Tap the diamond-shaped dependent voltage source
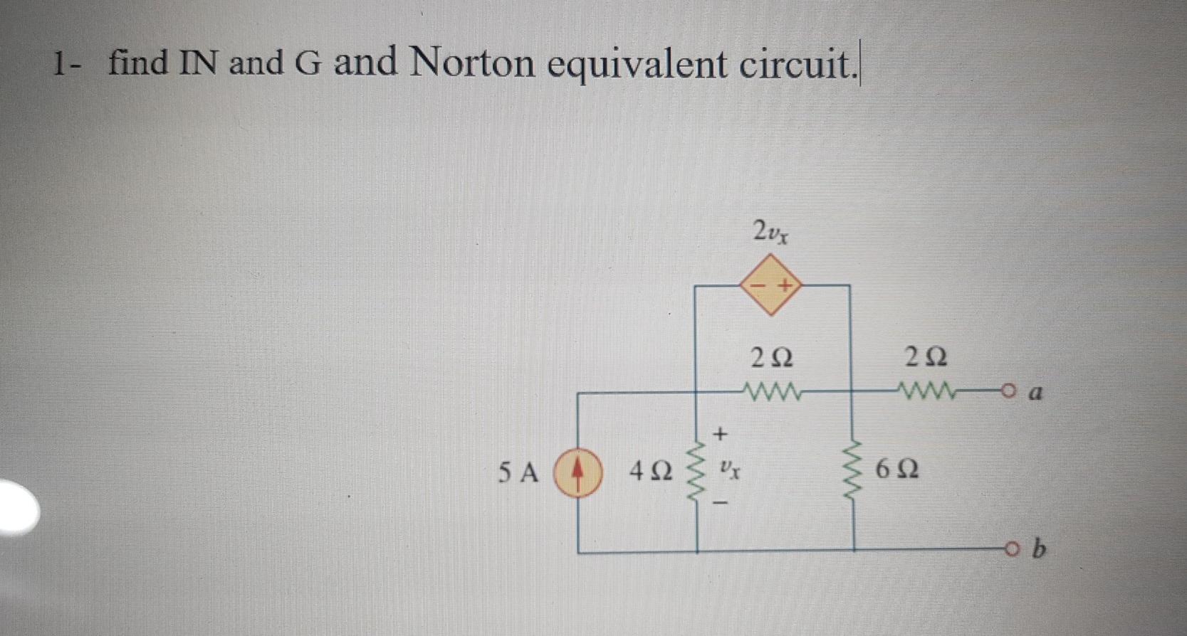coord(770,286)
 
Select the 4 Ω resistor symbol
coord(696,471)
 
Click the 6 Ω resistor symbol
coord(854,470)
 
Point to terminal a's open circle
coord(1006,391)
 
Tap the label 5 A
coord(519,472)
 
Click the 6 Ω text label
coord(897,470)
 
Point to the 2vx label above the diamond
coord(770,231)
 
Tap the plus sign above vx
coord(721,433)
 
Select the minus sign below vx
coord(721,505)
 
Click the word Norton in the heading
coord(471,63)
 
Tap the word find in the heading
coord(138,62)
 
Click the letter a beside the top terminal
coord(1037,392)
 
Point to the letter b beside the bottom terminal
coord(1040,549)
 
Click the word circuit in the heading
coord(795,65)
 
